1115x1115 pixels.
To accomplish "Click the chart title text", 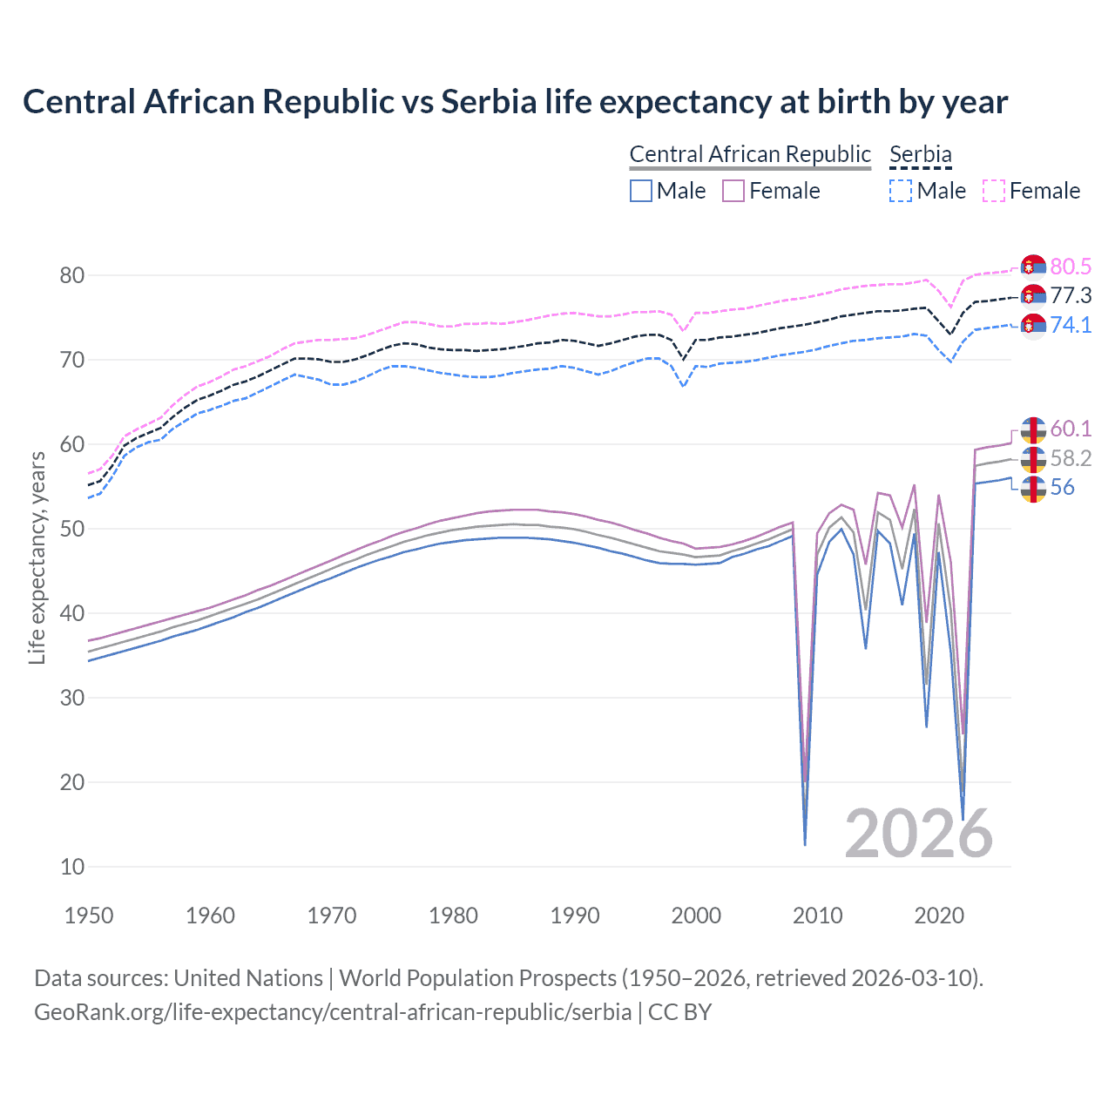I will pyautogui.click(x=515, y=102).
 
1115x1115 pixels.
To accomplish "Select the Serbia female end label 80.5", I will pyautogui.click(x=1071, y=267).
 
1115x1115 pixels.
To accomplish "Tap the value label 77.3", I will pyautogui.click(x=1071, y=295).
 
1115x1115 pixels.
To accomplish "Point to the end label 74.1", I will pyautogui.click(x=1071, y=325).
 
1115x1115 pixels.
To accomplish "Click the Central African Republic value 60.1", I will pyautogui.click(x=1071, y=429).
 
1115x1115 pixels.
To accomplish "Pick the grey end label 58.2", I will pyautogui.click(x=1071, y=458).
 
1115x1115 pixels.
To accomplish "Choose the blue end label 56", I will pyautogui.click(x=1062, y=487).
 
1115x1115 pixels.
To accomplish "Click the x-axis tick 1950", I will pyautogui.click(x=89, y=916).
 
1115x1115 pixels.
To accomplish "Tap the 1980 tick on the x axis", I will pyautogui.click(x=453, y=916).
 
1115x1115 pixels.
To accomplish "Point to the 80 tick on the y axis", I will pyautogui.click(x=72, y=275).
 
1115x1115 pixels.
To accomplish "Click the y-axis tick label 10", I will pyautogui.click(x=72, y=867).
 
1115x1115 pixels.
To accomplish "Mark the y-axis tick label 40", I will pyautogui.click(x=72, y=613).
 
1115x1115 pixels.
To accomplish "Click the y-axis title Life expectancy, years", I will pyautogui.click(x=37, y=557).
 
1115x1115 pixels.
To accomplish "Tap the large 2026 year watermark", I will pyautogui.click(x=918, y=834).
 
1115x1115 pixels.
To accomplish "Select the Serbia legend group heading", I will pyautogui.click(x=920, y=154).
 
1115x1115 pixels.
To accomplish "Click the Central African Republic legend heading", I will pyautogui.click(x=749, y=154).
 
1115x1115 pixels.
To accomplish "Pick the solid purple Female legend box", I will pyautogui.click(x=733, y=191).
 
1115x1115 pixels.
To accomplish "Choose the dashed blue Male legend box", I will pyautogui.click(x=901, y=191).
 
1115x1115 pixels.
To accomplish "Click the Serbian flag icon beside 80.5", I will pyautogui.click(x=1033, y=267).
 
